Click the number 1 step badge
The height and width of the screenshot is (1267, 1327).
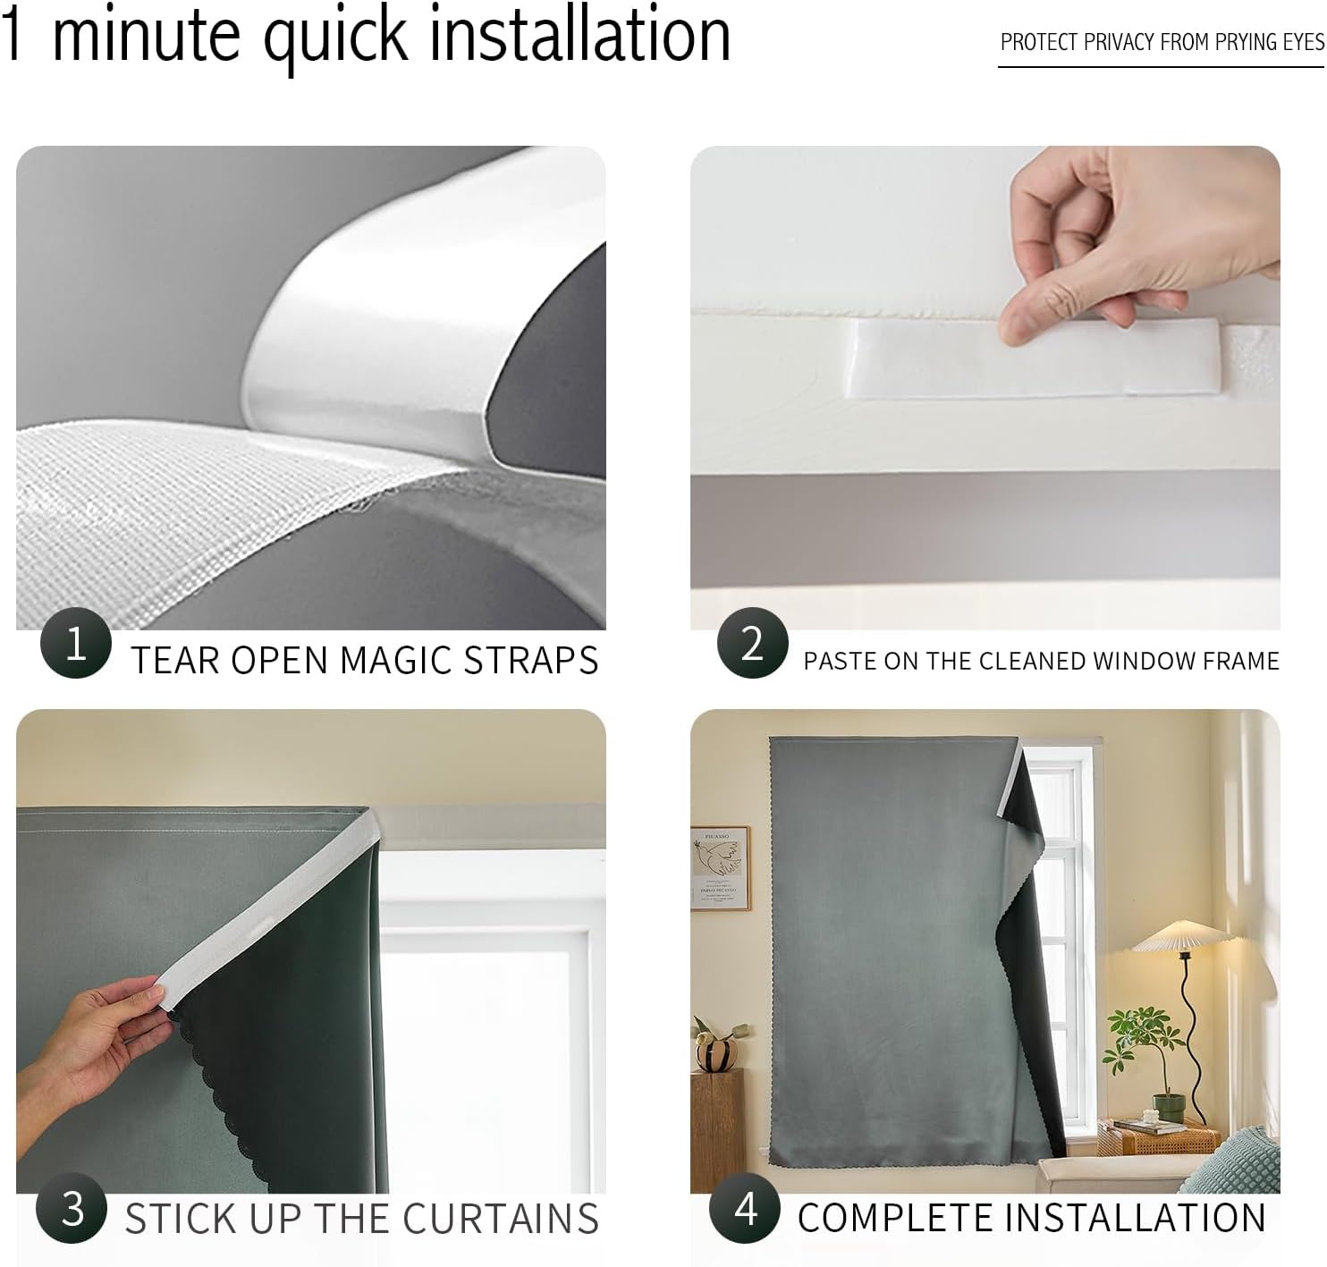(x=76, y=642)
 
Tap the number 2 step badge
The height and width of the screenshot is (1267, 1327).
(x=752, y=642)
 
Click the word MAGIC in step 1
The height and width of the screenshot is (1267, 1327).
(x=395, y=660)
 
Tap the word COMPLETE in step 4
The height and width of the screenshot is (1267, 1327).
(x=895, y=1217)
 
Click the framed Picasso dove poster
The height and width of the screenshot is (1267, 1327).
(x=720, y=867)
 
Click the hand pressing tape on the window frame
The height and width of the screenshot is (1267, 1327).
(x=1132, y=249)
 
